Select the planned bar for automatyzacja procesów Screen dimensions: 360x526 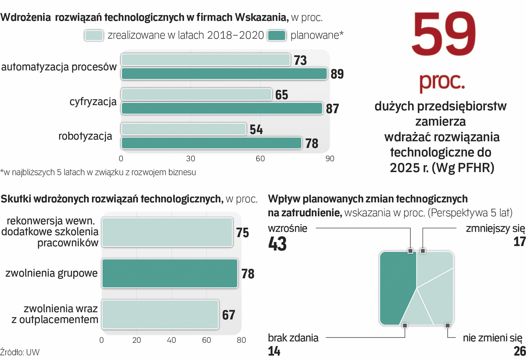224,74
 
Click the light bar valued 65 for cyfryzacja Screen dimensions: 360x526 196,95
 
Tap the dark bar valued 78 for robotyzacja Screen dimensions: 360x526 211,143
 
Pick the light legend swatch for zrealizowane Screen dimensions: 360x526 94,35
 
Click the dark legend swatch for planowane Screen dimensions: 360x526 277,35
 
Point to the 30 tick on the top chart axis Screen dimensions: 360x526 191,159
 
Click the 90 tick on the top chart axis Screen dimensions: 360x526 330,159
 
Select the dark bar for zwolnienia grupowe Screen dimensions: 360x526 170,273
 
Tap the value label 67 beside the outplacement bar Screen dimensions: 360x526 229,315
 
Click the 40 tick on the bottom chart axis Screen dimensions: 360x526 171,340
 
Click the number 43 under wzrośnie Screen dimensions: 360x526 277,244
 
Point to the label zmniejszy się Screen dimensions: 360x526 495,229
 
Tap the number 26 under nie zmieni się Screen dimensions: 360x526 519,351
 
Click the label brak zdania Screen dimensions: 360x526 293,338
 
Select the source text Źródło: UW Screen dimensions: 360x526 20,352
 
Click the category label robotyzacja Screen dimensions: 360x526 85,136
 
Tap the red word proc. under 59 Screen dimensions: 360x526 442,81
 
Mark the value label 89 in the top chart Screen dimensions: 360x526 337,74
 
